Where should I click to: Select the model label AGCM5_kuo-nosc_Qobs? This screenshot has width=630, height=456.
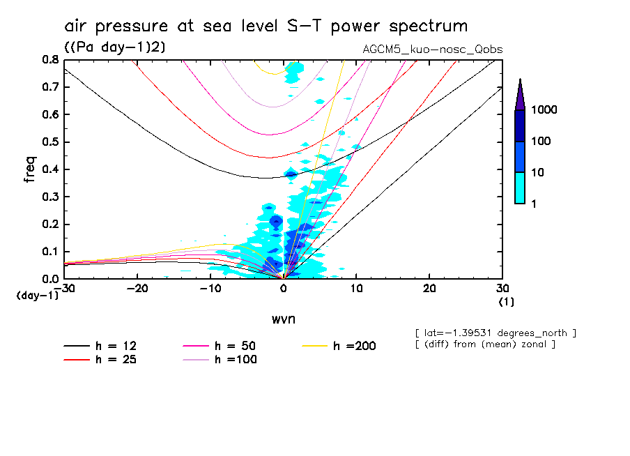click(x=432, y=50)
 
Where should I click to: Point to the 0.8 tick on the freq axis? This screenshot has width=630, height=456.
click(x=49, y=60)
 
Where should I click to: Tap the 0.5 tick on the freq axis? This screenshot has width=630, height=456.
click(x=49, y=142)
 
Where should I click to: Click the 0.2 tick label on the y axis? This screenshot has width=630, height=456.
click(x=49, y=224)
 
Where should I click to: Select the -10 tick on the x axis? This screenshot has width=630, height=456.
click(x=210, y=288)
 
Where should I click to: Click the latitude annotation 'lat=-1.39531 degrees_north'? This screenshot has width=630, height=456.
click(x=495, y=333)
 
